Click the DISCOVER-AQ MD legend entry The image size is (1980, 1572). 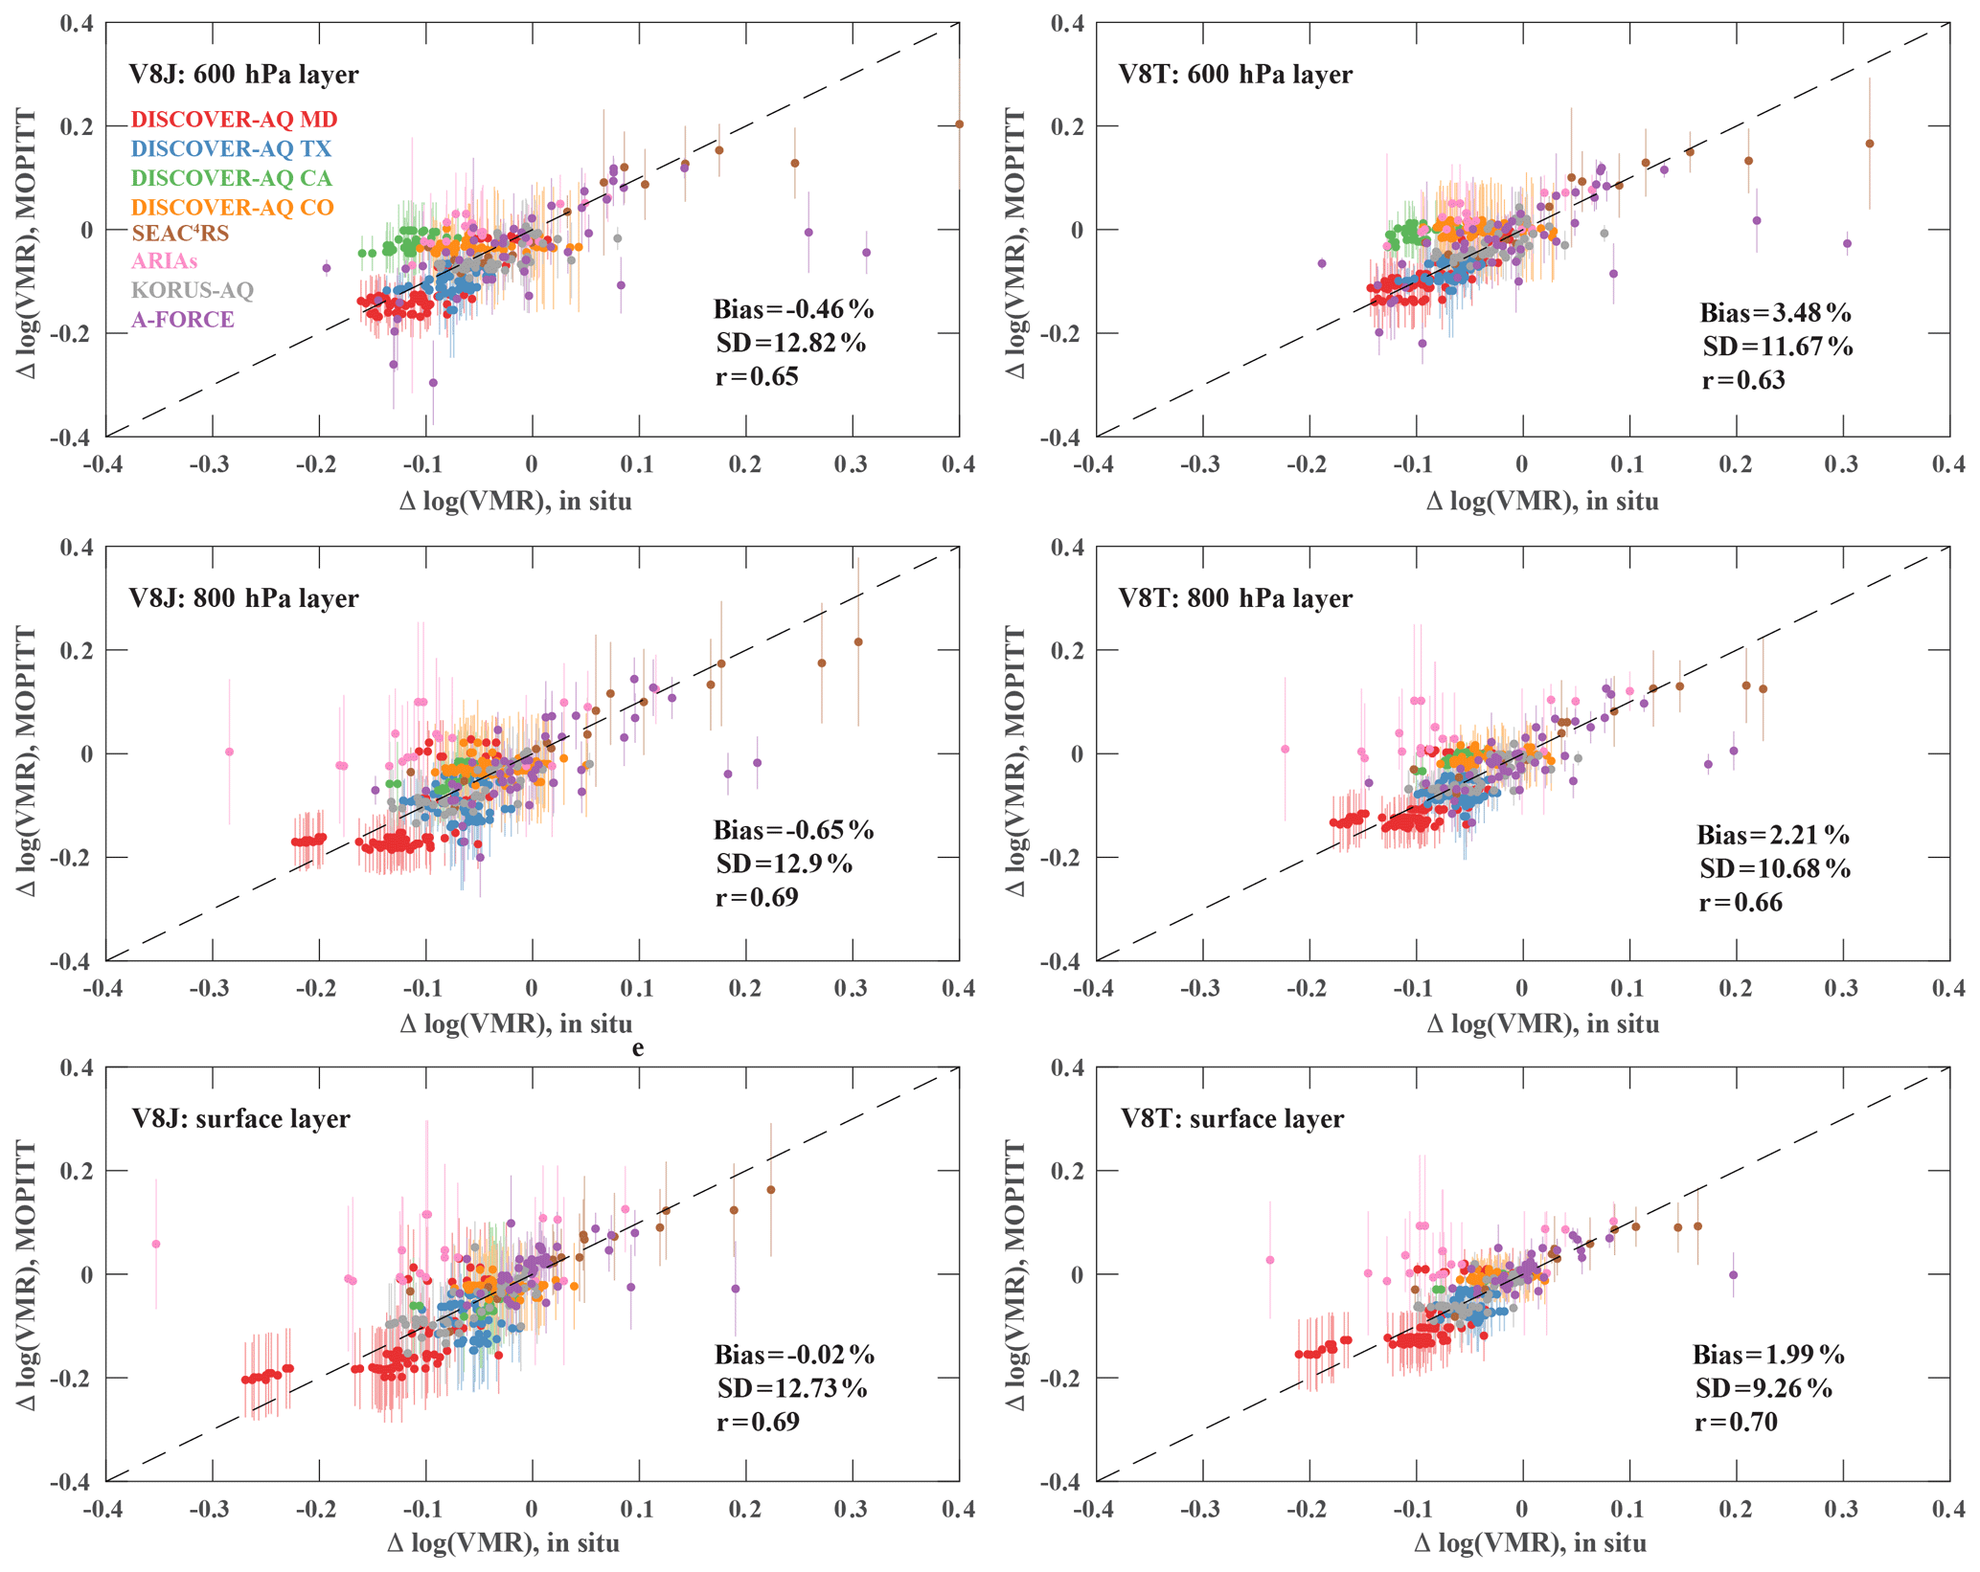234,120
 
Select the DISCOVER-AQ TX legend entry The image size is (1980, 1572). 231,148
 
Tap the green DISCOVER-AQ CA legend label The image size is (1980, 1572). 231,178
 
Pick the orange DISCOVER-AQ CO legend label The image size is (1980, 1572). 232,207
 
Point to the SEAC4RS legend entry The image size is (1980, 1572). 180,233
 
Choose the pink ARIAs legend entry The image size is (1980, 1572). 165,260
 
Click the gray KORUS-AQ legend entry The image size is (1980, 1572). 193,290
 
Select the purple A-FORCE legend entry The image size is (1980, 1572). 182,320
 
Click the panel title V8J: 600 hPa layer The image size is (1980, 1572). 243,75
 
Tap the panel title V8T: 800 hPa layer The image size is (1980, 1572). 1235,598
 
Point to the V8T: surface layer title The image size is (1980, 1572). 1232,1118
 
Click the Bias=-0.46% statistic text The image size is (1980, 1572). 793,309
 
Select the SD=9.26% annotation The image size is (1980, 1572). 1763,1388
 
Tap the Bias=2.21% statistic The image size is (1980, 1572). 1772,836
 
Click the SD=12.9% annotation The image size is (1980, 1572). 784,864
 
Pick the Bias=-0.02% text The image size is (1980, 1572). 794,1355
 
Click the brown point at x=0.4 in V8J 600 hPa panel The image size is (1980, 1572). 959,124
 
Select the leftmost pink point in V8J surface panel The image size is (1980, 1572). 156,1245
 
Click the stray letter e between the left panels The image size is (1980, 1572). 638,1048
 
